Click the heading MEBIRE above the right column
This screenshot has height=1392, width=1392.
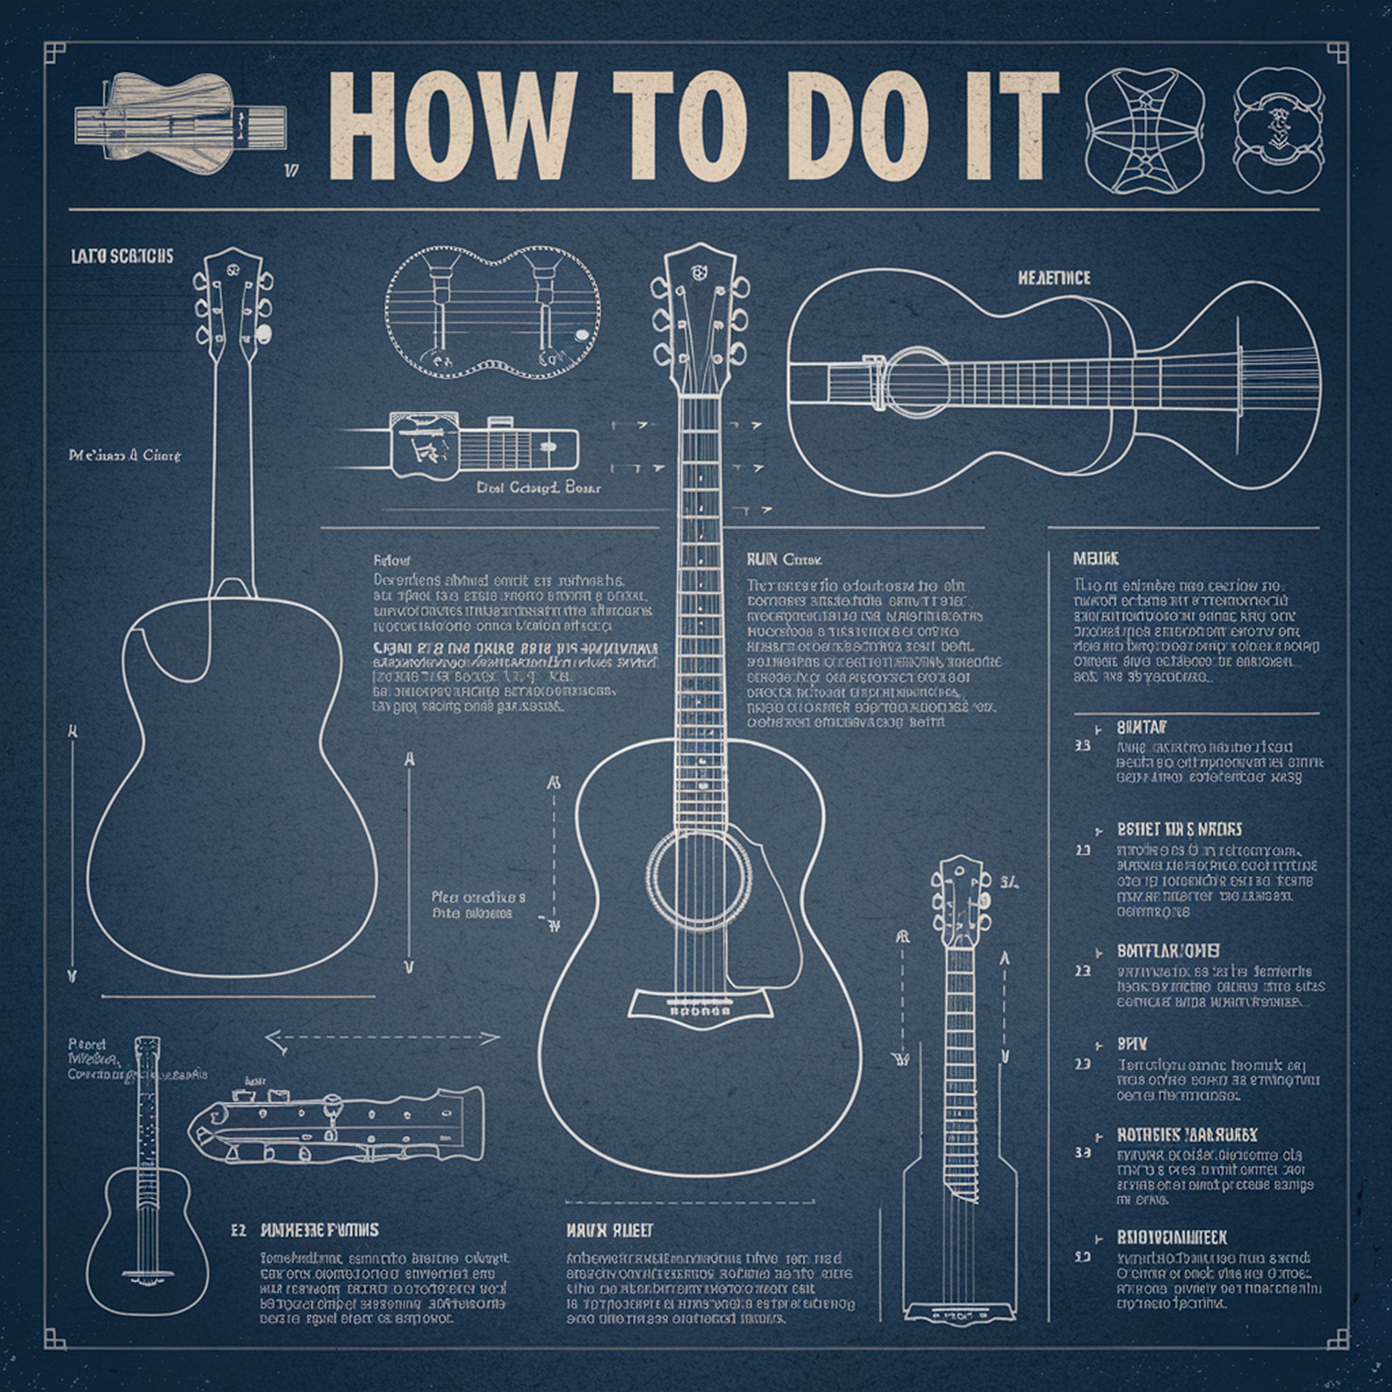1096,559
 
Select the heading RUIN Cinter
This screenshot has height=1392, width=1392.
785,559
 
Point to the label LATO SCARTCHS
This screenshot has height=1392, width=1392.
122,257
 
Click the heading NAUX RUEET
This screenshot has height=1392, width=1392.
610,1230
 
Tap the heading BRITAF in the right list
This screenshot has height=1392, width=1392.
1142,727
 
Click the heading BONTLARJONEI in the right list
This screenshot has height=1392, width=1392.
1168,951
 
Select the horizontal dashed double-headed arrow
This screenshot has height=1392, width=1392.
383,1039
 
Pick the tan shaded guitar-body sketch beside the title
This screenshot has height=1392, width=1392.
180,119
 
